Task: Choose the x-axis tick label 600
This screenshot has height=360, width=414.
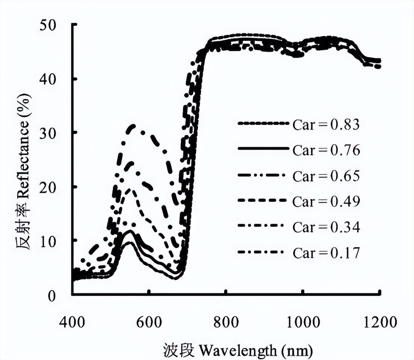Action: pyautogui.click(x=149, y=322)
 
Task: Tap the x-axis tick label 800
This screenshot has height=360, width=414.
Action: pyautogui.click(x=226, y=322)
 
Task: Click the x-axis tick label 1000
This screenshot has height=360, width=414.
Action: pyautogui.click(x=302, y=322)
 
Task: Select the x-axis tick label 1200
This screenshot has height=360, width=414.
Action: pyautogui.click(x=379, y=322)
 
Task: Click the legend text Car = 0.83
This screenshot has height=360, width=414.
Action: pyautogui.click(x=326, y=124)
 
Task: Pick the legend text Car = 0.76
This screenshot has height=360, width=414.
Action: pyautogui.click(x=326, y=150)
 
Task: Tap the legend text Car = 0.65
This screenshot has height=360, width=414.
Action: pyautogui.click(x=326, y=176)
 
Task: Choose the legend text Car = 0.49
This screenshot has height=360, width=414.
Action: pyautogui.click(x=326, y=201)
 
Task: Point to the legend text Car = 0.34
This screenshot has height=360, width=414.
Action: pyautogui.click(x=326, y=227)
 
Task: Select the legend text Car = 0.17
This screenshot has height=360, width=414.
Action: pyautogui.click(x=326, y=253)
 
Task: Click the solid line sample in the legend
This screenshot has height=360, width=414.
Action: pyautogui.click(x=263, y=149)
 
